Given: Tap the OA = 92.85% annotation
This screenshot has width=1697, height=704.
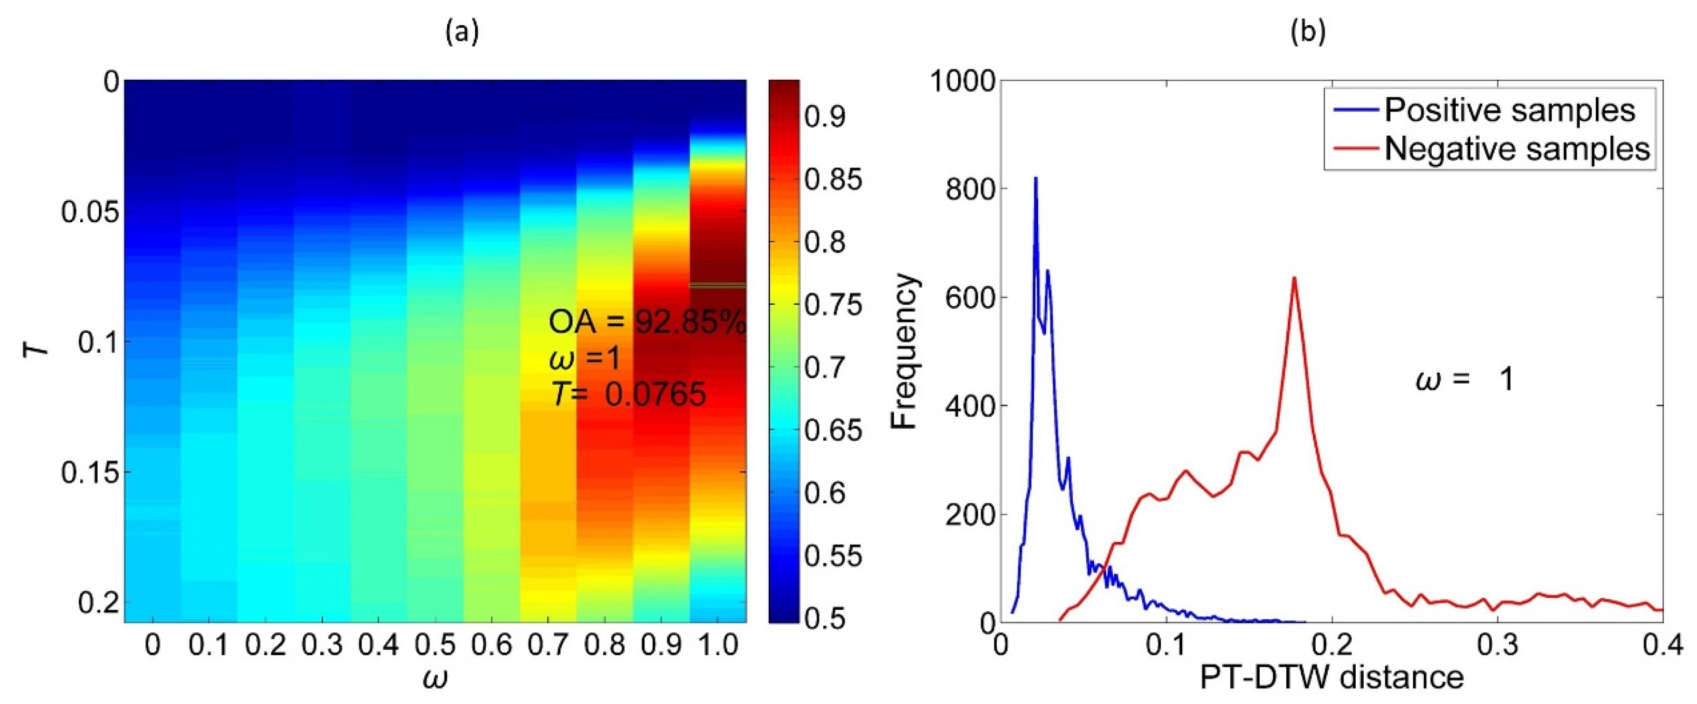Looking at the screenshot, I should click(648, 323).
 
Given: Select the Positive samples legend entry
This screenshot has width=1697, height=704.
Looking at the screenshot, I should click(1509, 110).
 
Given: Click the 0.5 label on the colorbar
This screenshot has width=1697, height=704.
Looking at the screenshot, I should click(825, 619).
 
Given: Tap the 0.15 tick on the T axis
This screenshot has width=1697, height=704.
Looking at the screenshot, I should click(90, 473).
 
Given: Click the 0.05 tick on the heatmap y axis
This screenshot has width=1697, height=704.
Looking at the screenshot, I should click(90, 213).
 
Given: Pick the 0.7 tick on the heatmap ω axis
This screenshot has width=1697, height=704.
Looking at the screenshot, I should click(548, 645).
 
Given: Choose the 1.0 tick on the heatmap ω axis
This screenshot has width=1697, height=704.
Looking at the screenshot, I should click(718, 645).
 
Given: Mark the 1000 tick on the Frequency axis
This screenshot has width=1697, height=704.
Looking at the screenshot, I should click(962, 82).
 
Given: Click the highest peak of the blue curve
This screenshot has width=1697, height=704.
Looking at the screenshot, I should click(1035, 178).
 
